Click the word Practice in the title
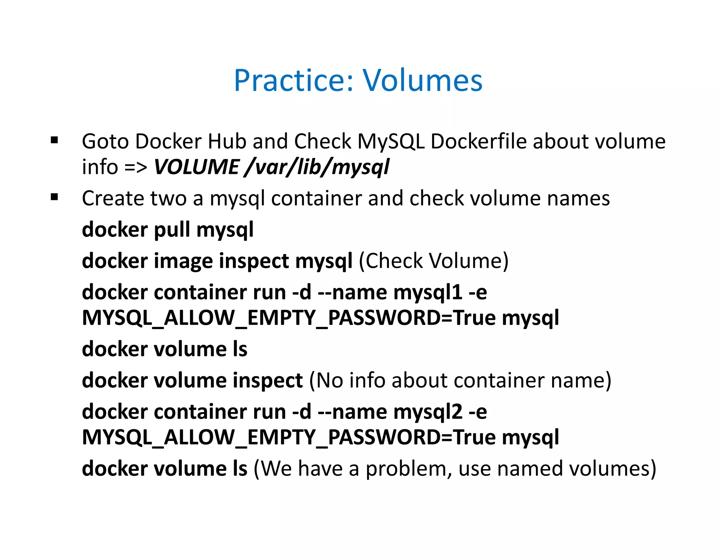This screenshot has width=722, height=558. click(293, 81)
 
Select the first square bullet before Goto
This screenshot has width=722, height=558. click(54, 140)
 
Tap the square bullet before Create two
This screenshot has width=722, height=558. click(54, 197)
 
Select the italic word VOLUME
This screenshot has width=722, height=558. click(196, 167)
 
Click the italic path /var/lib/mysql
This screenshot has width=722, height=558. click(317, 167)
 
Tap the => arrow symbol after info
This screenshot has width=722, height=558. click(136, 168)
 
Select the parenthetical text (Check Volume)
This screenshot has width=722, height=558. click(434, 261)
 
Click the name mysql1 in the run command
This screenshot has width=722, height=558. click(427, 293)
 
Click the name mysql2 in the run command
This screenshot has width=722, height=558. click(427, 412)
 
